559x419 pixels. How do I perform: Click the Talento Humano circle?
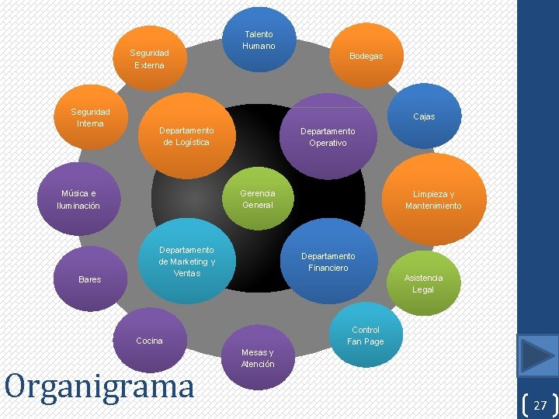[259, 39]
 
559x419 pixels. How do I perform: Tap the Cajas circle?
[424, 116]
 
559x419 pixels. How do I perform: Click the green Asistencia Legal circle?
[423, 282]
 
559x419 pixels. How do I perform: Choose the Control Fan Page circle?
[365, 335]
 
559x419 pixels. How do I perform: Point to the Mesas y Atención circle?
[258, 357]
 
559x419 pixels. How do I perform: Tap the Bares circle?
[90, 279]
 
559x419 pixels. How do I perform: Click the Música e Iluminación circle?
[79, 199]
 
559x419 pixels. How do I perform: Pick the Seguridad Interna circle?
[91, 118]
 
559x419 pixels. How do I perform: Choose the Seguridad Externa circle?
[150, 60]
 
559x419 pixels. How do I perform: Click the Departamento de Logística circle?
[186, 137]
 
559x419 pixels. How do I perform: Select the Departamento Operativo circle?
[328, 137]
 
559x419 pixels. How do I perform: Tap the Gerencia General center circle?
[258, 199]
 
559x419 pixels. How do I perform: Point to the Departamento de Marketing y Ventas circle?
[186, 261]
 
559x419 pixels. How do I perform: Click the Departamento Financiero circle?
[328, 261]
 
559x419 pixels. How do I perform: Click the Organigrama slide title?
[99, 385]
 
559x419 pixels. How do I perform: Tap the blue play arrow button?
[538, 356]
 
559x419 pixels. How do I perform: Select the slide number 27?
[540, 404]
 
